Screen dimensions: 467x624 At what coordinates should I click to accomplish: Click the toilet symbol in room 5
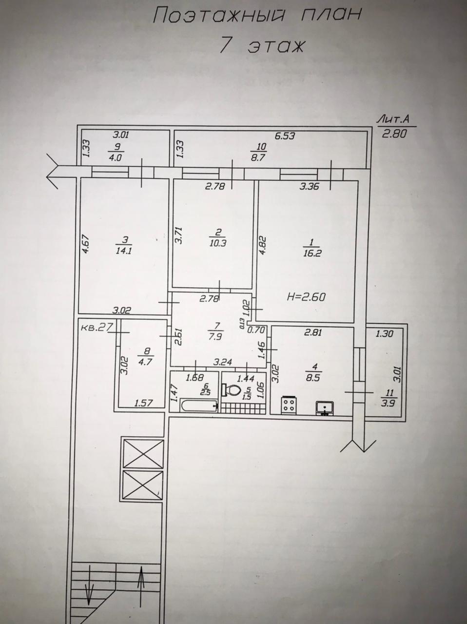coord(230,390)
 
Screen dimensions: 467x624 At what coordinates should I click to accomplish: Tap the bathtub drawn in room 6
coord(199,406)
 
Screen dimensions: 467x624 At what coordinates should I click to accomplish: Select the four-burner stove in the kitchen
coord(289,405)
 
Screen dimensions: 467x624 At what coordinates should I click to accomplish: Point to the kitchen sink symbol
coord(325,408)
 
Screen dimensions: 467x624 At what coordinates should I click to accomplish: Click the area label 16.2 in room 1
coord(312,253)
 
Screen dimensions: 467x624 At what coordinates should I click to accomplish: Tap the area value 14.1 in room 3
coord(124,251)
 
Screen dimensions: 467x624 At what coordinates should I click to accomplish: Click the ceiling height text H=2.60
coord(306,297)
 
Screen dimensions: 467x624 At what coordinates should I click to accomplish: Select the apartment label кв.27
coord(97,327)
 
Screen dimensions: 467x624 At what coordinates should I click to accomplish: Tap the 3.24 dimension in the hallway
coord(223,362)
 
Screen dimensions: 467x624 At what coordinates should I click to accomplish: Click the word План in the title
coord(331,14)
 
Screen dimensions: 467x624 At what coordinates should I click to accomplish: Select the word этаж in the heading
coord(275,46)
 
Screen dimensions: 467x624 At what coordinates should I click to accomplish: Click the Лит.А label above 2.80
coord(393,120)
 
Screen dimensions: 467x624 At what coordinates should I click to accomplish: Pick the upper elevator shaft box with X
coord(143,454)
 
